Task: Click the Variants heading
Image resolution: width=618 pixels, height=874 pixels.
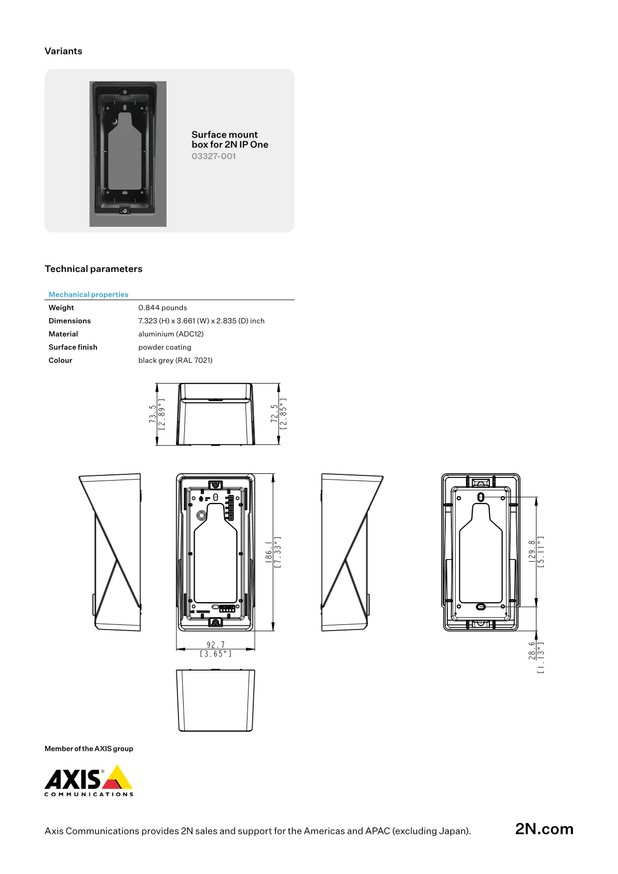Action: (63, 51)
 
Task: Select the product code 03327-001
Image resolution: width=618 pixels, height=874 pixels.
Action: (213, 156)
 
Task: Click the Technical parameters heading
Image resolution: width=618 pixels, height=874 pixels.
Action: (93, 269)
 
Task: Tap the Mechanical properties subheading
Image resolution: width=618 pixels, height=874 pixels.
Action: (88, 294)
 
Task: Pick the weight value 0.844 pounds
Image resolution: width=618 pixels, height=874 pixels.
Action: (163, 307)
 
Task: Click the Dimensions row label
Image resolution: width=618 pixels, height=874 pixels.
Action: (70, 321)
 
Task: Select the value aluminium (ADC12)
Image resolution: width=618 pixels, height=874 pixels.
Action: (171, 334)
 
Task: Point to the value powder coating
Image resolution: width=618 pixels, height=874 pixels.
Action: (164, 347)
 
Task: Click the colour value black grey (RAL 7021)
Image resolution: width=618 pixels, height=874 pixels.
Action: (175, 360)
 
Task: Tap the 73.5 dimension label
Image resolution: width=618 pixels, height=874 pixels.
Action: (153, 414)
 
